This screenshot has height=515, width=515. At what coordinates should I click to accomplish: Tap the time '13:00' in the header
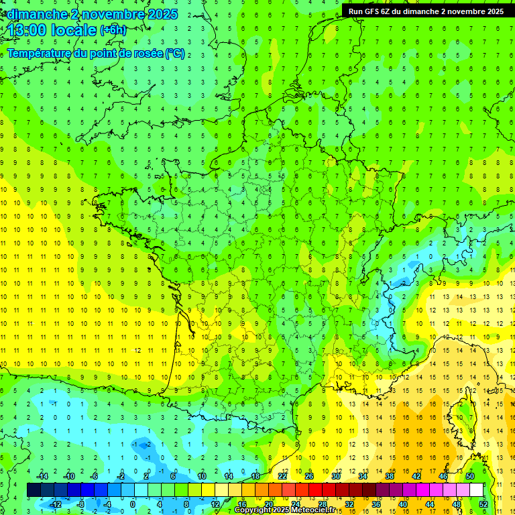click(x=28, y=30)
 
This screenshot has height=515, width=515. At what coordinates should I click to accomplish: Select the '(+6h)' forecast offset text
click(x=113, y=30)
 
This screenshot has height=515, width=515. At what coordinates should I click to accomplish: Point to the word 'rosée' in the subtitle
click(x=147, y=53)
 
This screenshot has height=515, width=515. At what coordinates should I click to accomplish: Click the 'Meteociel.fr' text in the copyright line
click(x=313, y=510)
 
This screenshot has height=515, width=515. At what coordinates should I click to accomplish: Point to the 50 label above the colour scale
click(x=469, y=476)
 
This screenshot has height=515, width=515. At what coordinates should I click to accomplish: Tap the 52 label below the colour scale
click(x=483, y=504)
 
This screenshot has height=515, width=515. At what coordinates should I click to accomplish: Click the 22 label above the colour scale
click(x=282, y=476)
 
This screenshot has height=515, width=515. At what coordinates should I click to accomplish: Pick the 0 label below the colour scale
click(x=133, y=504)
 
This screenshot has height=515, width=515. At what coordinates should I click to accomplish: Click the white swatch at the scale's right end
click(x=476, y=490)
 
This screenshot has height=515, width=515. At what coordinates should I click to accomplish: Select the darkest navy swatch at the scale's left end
click(x=34, y=490)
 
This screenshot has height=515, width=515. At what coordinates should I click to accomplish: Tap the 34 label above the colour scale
click(x=362, y=476)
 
